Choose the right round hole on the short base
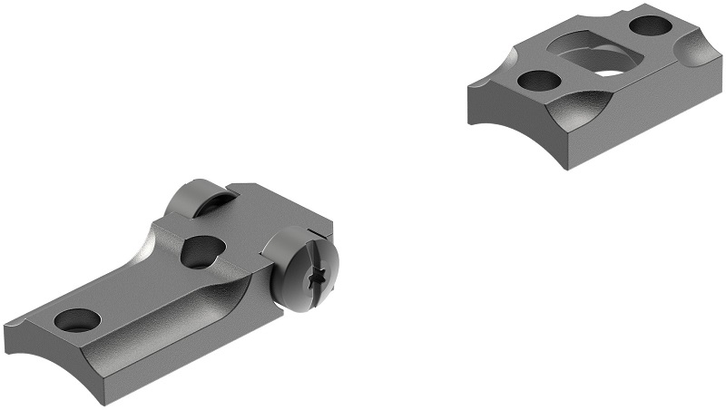[x=649, y=26]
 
